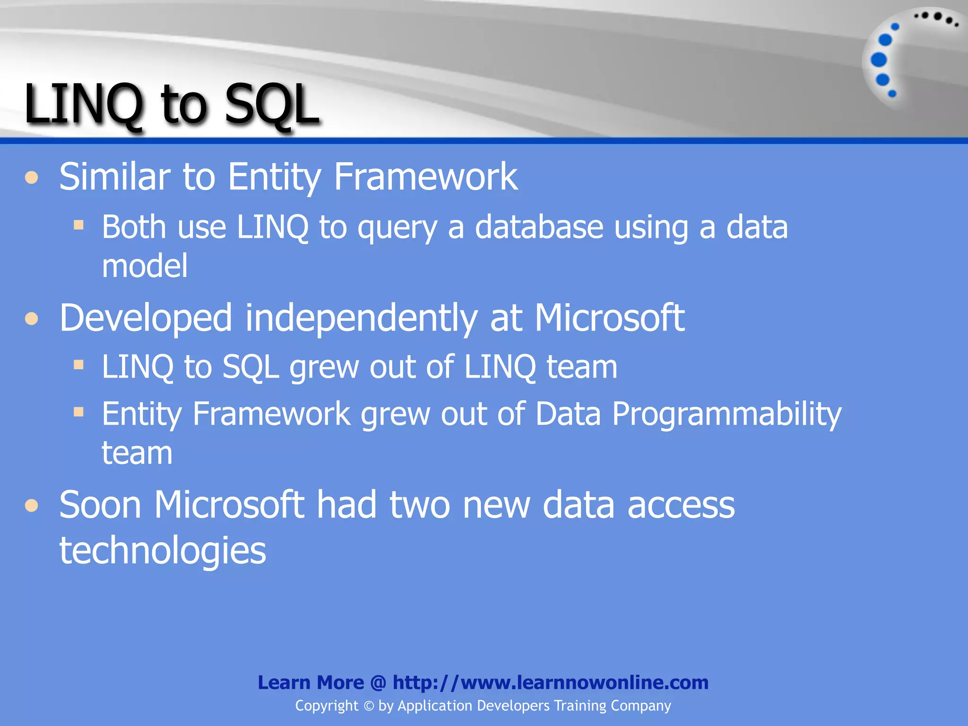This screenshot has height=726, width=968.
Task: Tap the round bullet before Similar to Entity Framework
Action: click(32, 178)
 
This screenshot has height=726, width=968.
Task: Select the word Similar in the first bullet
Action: click(114, 177)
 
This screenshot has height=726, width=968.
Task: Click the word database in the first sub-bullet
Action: click(539, 227)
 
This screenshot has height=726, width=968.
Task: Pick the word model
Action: click(145, 266)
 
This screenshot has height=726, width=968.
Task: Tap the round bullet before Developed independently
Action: click(32, 319)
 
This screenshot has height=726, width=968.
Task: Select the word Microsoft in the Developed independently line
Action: click(609, 318)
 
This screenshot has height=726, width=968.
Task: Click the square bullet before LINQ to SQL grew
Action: click(78, 364)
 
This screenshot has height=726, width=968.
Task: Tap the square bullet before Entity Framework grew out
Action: click(78, 412)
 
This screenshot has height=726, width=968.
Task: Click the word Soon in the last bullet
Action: click(100, 505)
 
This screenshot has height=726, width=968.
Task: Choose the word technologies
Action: click(163, 551)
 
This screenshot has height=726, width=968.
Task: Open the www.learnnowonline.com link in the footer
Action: click(551, 683)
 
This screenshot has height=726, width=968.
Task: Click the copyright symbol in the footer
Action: click(369, 706)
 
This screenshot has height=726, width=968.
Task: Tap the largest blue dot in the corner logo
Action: click(879, 60)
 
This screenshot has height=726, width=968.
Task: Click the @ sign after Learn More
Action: click(378, 683)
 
